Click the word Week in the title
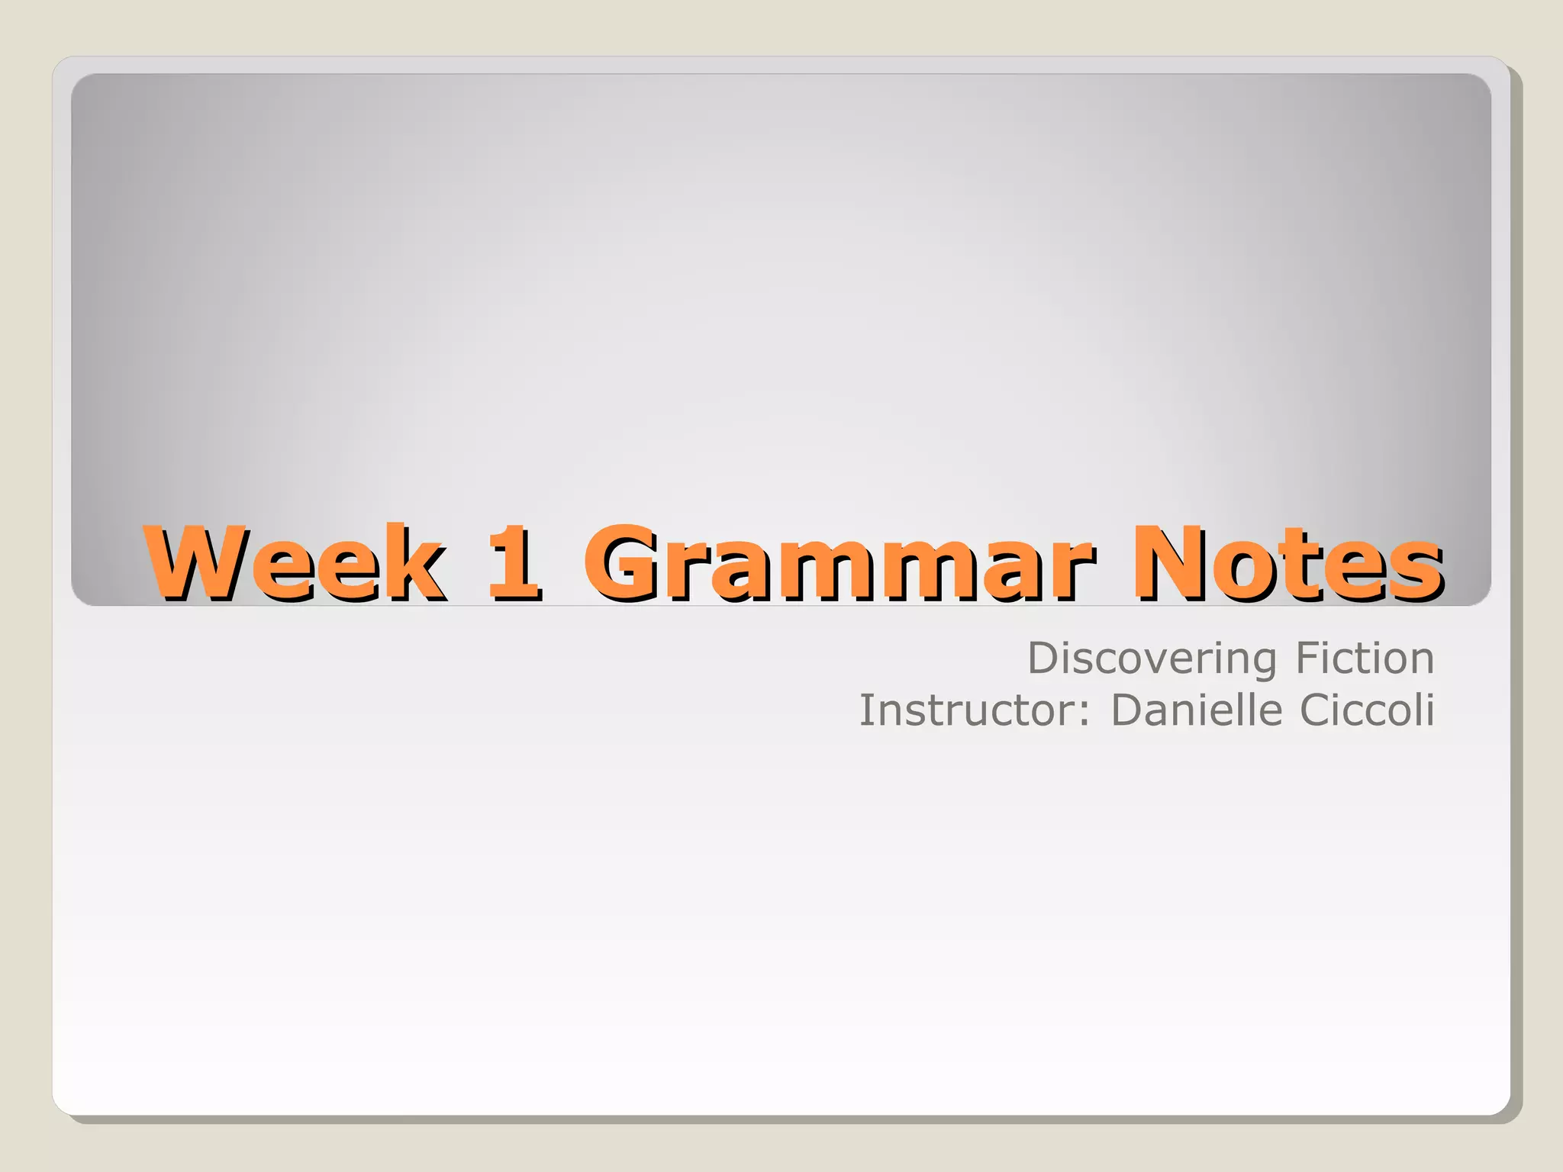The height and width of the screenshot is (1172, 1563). [296, 563]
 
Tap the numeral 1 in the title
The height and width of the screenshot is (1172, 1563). [514, 563]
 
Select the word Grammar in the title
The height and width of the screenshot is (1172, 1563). [839, 563]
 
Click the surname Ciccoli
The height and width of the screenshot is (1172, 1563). [1367, 710]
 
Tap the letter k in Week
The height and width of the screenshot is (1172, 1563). [417, 563]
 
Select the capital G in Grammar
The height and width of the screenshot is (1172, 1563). [622, 563]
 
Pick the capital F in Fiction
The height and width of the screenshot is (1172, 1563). [1308, 658]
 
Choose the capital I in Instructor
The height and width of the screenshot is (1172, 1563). [865, 710]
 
